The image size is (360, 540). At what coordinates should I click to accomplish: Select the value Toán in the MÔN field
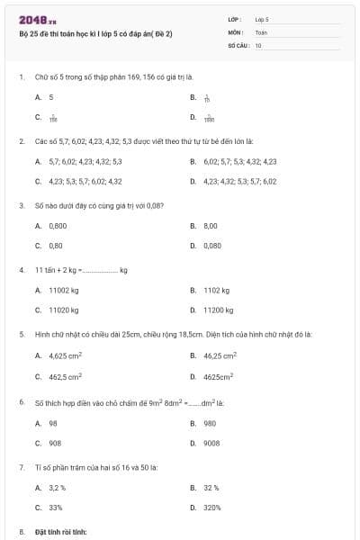click(262, 31)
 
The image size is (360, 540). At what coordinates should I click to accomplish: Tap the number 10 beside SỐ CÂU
click(258, 44)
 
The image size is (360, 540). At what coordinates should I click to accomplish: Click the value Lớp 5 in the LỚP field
click(262, 19)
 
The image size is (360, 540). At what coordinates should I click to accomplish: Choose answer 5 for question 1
click(51, 96)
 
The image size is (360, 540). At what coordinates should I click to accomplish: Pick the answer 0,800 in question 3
click(58, 225)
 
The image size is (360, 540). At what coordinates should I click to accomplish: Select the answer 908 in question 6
click(54, 443)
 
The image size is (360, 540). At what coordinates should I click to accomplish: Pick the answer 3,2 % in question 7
click(58, 488)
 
